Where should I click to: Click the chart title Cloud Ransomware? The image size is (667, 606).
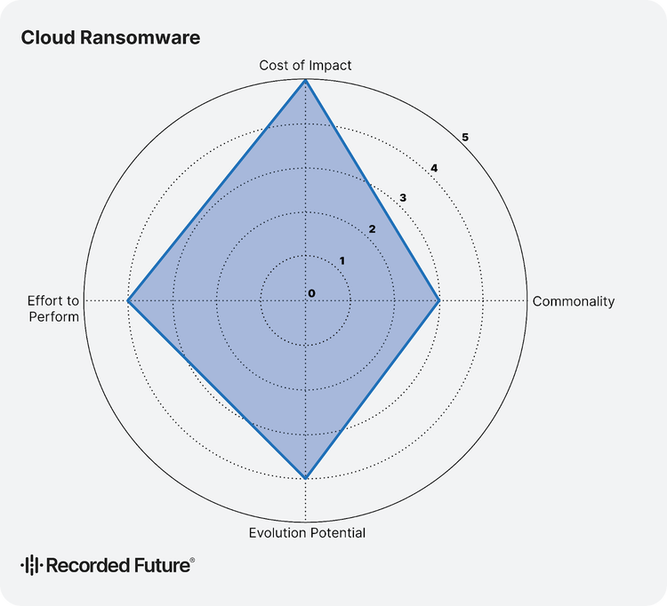tap(110, 37)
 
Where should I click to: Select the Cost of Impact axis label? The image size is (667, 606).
tap(305, 65)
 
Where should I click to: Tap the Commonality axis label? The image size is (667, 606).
tap(573, 301)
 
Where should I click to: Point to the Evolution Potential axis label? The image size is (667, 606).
tap(307, 533)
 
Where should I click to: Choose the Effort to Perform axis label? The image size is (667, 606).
tap(53, 308)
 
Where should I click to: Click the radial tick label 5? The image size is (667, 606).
tap(465, 137)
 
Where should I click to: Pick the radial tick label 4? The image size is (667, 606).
tap(434, 168)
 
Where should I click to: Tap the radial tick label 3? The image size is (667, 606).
tap(403, 198)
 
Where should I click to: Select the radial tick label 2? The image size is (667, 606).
tap(373, 229)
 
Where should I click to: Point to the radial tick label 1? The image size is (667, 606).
tap(342, 260)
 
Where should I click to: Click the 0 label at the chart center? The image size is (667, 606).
tap(311, 293)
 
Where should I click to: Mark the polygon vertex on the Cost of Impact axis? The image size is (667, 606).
tap(306, 80)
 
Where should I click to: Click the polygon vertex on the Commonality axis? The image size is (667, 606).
tap(439, 301)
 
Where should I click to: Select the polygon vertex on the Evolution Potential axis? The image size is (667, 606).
tap(306, 478)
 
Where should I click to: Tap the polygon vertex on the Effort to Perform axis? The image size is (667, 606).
tap(128, 301)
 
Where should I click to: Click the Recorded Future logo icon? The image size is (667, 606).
tap(30, 564)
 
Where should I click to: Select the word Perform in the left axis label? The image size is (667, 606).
tap(53, 316)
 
